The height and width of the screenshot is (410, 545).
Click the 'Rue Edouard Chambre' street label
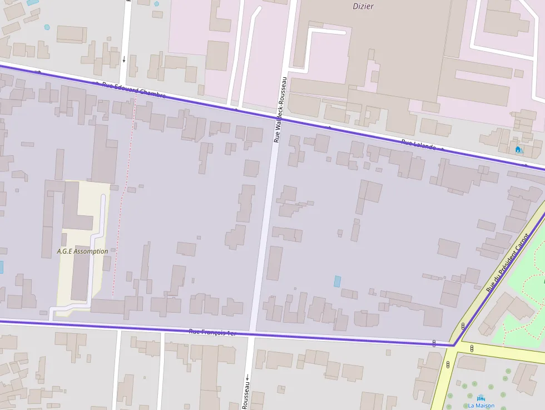tap(133, 90)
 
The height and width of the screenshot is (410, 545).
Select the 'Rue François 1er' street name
tap(212, 332)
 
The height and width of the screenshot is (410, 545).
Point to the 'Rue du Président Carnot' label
tap(506, 262)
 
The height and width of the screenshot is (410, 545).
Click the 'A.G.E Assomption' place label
tap(82, 251)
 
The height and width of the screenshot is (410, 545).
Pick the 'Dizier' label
tap(363, 7)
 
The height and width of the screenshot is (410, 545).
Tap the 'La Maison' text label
tap(481, 406)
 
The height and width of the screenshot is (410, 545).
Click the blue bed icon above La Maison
tap(481, 398)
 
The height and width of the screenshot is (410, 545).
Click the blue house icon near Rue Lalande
tap(519, 149)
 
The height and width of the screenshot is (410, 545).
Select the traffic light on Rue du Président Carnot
tap(463, 326)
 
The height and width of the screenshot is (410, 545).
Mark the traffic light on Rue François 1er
tap(434, 343)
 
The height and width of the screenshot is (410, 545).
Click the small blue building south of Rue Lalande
tap(337, 281)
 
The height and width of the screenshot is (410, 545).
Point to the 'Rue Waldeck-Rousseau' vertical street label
tap(280, 109)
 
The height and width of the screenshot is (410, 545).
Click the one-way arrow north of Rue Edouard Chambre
tap(124, 58)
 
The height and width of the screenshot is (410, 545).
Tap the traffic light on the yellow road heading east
tap(472, 349)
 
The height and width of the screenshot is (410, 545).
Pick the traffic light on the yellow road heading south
tap(448, 365)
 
